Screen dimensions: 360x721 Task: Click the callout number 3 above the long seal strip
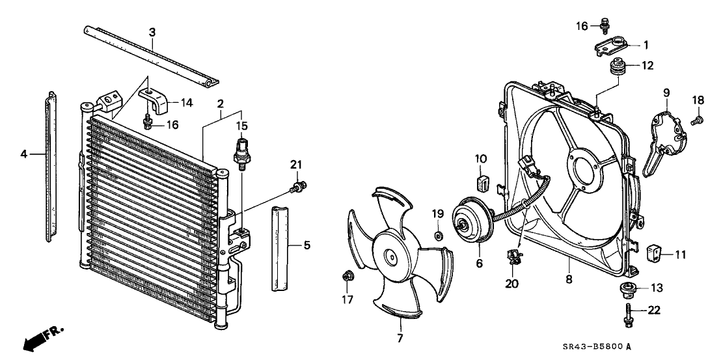[x=152, y=32]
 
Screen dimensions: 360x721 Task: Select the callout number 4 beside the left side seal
[x=24, y=154]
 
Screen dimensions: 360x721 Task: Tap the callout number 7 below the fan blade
[x=400, y=338]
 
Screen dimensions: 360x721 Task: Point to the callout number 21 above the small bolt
[x=297, y=164]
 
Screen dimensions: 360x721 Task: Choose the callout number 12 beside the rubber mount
[x=647, y=65]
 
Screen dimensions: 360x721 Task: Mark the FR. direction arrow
[x=40, y=339]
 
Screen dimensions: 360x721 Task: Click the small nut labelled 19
[x=439, y=233]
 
